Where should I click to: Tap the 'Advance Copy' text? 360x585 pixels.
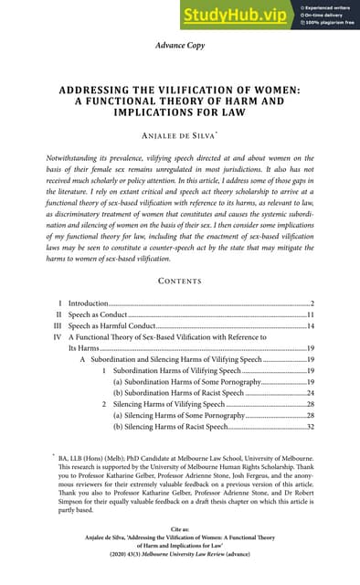180,44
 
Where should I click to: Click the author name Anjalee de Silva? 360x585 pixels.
179,135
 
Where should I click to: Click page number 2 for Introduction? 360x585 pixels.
312,303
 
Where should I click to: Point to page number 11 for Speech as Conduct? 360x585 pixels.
310,314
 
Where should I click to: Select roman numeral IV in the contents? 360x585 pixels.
58,338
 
